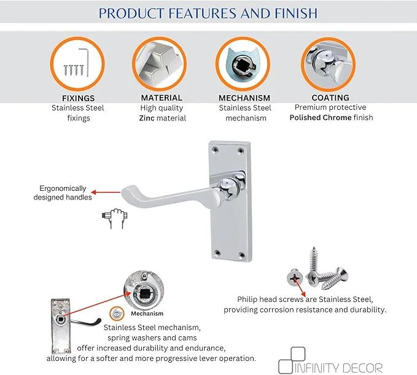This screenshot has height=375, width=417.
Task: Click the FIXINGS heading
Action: [x=78, y=98]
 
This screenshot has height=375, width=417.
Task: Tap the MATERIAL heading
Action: [x=162, y=98]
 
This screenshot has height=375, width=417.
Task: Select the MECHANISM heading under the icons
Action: [x=244, y=98]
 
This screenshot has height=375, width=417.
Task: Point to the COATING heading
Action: [x=330, y=98]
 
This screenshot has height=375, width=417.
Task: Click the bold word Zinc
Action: [x=147, y=118]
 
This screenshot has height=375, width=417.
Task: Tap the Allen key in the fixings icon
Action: [x=85, y=62]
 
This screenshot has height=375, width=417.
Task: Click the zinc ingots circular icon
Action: [x=159, y=64]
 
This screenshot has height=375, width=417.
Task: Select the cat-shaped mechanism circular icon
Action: [x=243, y=64]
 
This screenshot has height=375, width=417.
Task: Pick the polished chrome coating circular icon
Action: [x=328, y=64]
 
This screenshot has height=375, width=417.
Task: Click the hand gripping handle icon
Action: [x=115, y=218]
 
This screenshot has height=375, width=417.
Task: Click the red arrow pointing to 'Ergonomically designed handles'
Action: [x=106, y=192]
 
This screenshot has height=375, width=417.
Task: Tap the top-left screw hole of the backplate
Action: [x=215, y=150]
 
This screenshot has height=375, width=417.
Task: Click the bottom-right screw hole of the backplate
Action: [x=242, y=255]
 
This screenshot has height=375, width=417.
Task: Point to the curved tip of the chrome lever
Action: [x=125, y=193]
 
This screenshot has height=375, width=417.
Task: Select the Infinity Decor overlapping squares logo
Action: [x=292, y=360]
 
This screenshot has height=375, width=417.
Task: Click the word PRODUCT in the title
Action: [x=131, y=14]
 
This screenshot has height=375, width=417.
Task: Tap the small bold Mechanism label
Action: [x=147, y=314]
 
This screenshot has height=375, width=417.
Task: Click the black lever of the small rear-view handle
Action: [x=86, y=322]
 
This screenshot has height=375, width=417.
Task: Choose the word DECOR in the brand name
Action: [x=362, y=368]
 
